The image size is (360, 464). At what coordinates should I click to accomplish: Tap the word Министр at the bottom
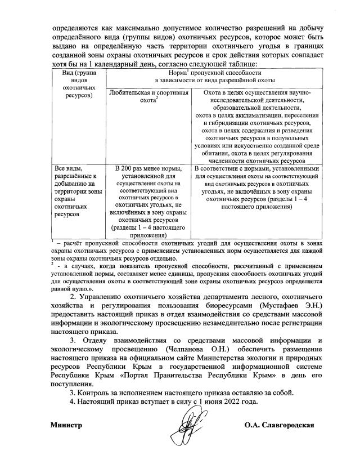(66, 426)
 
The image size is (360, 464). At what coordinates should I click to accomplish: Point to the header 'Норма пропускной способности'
(213, 78)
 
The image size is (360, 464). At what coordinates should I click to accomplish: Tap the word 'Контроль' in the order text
(95, 392)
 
